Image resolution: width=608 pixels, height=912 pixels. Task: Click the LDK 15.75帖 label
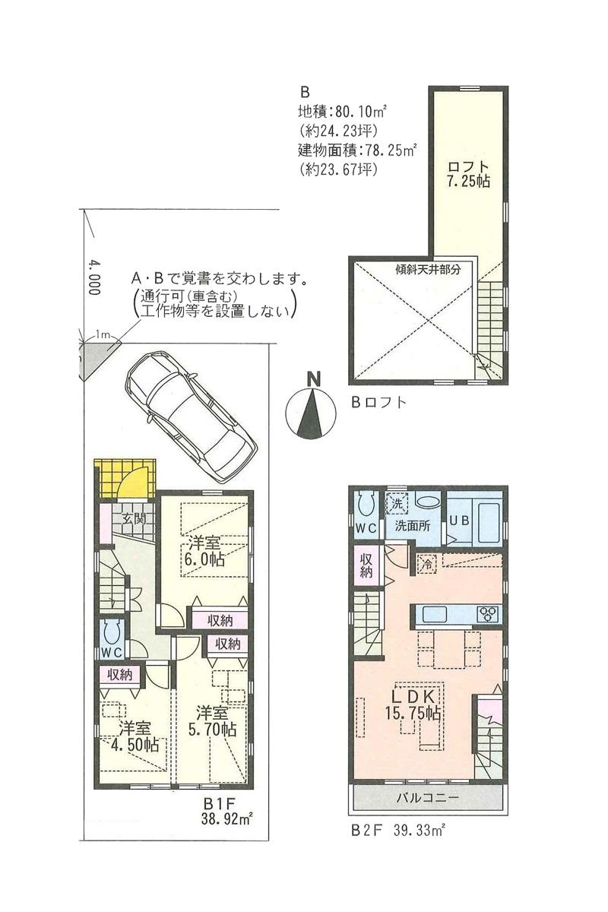point(413,704)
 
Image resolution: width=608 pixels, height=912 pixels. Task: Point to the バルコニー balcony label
point(429,798)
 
